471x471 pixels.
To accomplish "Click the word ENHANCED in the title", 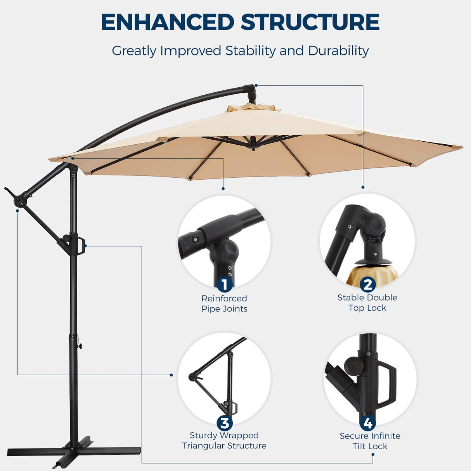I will [x=168, y=22].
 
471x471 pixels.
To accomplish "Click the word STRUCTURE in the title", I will [x=310, y=22].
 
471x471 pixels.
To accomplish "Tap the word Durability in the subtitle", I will [x=338, y=51].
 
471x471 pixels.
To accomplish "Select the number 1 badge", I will [x=224, y=284].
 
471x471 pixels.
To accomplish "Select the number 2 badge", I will [x=367, y=284].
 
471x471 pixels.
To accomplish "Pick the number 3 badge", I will [x=224, y=423].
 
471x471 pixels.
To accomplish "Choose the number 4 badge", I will [x=367, y=423].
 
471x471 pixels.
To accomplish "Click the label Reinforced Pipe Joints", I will [x=224, y=303].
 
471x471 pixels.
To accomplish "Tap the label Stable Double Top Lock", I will [x=367, y=303].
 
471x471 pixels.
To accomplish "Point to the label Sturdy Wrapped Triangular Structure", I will [x=224, y=440].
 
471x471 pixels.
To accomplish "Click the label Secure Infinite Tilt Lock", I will [x=370, y=441].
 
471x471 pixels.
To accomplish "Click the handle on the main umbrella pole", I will [x=81, y=247].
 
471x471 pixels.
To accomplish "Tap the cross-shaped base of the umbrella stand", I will [x=74, y=452].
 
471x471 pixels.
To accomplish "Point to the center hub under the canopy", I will [x=254, y=145].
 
